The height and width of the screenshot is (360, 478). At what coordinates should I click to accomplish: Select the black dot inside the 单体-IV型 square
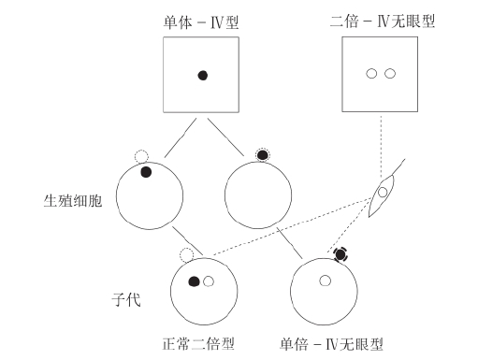(x=202, y=77)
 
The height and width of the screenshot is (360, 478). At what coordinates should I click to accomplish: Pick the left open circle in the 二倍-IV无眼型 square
(x=371, y=74)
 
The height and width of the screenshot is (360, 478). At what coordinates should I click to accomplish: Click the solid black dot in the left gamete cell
(x=146, y=171)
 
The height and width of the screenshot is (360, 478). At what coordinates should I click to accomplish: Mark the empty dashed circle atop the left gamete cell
(x=142, y=156)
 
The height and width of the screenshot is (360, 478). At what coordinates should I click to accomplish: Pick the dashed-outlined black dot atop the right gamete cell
(x=263, y=153)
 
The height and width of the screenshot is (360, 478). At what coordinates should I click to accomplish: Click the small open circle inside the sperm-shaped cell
(x=381, y=193)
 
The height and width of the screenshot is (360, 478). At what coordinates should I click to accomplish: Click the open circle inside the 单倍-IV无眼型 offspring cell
(x=325, y=280)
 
